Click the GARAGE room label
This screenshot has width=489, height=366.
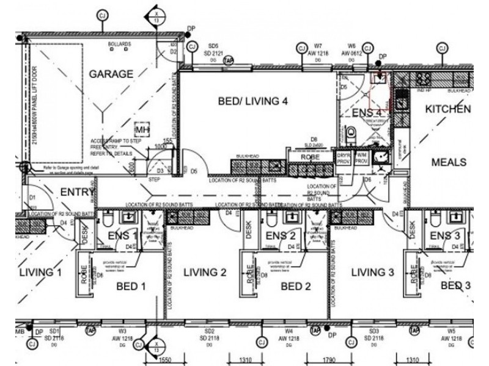[111, 74]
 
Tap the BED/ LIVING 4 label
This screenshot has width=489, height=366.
[252, 102]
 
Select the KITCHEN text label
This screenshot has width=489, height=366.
[448, 109]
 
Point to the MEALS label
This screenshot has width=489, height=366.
[449, 162]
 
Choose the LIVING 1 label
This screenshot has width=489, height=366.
[40, 272]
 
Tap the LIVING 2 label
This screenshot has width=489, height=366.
[205, 273]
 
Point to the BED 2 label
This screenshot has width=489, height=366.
[296, 285]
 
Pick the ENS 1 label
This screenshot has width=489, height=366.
[121, 236]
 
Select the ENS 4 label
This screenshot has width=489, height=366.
[367, 113]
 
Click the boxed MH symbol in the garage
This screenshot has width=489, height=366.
[142, 130]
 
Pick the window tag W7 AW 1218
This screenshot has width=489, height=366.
[318, 50]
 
